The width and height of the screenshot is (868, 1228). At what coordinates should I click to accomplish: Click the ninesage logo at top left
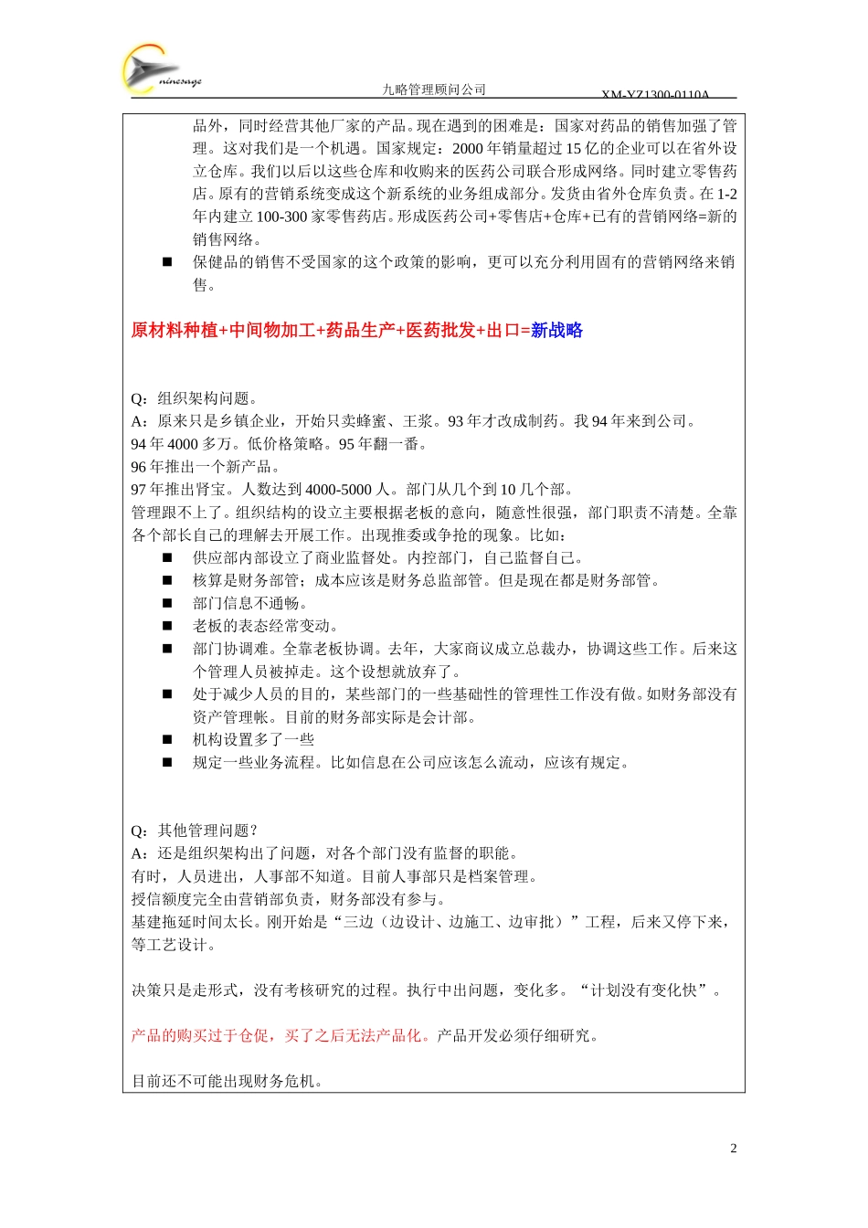click(160, 71)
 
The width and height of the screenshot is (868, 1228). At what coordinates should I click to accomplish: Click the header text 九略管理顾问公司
click(434, 90)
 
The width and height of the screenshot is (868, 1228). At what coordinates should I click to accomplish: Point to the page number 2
click(733, 1149)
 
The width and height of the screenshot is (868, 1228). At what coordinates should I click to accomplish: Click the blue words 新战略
click(556, 331)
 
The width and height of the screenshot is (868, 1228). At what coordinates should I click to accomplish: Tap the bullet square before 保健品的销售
click(167, 262)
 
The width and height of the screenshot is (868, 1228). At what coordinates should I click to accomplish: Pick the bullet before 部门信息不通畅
click(167, 603)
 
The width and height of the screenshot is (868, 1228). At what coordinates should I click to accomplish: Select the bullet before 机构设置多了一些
click(167, 740)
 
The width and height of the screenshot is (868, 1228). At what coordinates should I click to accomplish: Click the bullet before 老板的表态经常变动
click(167, 626)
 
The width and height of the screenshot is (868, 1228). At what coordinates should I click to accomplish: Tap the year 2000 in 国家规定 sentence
click(467, 148)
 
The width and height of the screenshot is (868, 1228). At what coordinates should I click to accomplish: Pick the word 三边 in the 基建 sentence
click(357, 922)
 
